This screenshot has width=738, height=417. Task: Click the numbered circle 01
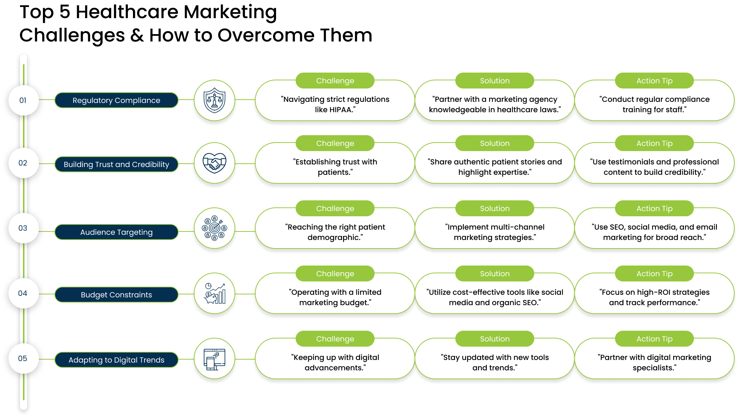23,100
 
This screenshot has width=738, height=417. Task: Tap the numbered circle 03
23,228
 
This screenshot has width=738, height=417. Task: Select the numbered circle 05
23,358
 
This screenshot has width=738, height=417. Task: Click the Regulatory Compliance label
116,100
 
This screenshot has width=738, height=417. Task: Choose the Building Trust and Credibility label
116,164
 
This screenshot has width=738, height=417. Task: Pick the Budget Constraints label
116,295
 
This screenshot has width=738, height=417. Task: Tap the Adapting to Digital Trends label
116,360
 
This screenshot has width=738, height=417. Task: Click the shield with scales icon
215,100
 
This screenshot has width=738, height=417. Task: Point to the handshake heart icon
215,163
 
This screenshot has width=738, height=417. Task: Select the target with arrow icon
215,228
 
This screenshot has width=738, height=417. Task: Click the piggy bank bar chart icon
215,293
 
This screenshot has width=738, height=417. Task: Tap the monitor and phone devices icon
215,358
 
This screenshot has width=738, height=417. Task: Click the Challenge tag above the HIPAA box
335,81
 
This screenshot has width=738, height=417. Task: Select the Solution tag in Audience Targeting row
495,208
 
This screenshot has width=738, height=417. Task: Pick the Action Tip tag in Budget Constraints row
654,274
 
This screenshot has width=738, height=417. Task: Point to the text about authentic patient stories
495,167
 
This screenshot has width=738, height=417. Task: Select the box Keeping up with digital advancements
335,362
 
